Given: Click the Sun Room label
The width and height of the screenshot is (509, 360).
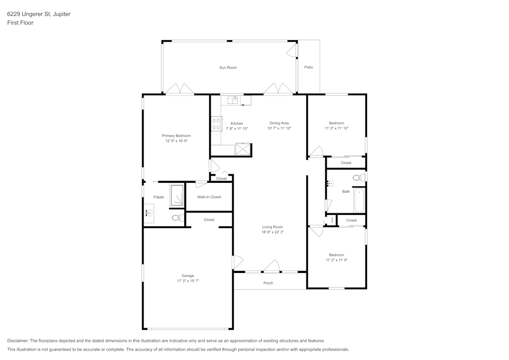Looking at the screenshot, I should point(228,67).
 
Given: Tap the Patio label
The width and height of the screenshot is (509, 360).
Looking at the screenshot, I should point(308,67).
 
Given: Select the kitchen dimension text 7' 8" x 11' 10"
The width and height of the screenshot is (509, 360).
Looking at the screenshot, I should point(237,129).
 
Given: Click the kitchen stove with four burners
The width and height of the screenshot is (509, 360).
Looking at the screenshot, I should point(216,124).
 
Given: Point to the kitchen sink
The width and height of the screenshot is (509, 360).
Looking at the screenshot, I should point(233,100).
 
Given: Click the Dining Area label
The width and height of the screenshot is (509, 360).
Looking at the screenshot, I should point(279,123).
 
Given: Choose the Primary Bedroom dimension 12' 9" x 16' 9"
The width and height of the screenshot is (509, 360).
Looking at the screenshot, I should point(176,141).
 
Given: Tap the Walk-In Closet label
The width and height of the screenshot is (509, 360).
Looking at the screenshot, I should point(209,197).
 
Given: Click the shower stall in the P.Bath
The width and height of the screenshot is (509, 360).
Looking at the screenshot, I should point(177,196).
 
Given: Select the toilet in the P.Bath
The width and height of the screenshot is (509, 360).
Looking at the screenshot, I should point(177,218).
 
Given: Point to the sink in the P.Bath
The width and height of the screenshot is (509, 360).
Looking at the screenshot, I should point(149,214).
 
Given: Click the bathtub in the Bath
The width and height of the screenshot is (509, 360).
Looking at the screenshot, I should point(359,200).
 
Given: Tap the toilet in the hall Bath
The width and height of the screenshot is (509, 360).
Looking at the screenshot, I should point(358,178).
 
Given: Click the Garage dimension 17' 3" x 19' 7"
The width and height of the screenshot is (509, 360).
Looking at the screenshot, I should point(188,281).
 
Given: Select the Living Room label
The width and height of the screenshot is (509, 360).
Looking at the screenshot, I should point(272,227).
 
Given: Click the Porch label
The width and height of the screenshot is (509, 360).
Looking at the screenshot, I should point(268,283).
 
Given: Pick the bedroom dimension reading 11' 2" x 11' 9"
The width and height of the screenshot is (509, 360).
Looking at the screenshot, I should point(336,260).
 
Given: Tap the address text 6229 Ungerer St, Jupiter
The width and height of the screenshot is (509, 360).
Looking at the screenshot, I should point(39,14).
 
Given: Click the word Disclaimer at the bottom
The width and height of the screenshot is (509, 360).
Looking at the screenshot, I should point(18,341).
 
